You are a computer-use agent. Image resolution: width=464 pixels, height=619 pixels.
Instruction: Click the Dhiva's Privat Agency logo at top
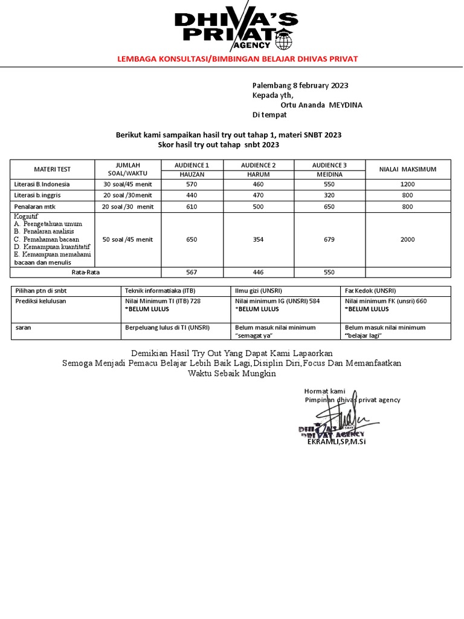233,30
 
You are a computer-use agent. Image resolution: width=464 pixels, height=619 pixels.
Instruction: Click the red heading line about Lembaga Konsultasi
231,59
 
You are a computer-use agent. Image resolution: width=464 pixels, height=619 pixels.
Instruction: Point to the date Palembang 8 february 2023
300,86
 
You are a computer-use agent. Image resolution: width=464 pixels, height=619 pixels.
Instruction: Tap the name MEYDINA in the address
346,105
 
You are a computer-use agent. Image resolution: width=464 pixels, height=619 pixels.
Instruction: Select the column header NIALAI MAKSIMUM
407,169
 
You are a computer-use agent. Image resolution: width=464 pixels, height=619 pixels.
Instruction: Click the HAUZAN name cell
192,174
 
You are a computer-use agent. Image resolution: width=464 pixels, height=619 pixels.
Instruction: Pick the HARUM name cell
258,174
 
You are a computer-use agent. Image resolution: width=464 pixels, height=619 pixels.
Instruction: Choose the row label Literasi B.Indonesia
42,184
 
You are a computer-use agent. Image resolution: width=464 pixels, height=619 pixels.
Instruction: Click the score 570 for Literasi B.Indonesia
192,184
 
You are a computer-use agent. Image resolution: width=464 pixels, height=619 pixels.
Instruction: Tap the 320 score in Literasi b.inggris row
329,195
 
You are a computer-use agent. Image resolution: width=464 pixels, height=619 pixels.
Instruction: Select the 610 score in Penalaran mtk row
192,207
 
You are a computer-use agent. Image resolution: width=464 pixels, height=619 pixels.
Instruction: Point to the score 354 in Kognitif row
258,239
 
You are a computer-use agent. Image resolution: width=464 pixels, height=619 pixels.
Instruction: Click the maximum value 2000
407,239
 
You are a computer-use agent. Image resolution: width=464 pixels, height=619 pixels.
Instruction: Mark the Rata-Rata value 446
258,273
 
